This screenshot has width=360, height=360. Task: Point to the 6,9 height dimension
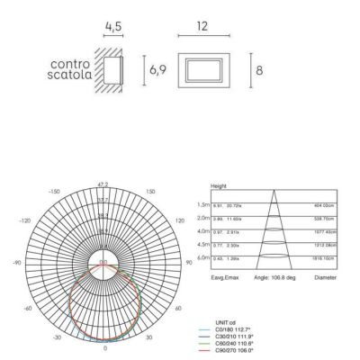point(157,69)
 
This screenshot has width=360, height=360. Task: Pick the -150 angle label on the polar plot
point(53,192)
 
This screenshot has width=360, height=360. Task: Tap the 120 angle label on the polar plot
point(176,220)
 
